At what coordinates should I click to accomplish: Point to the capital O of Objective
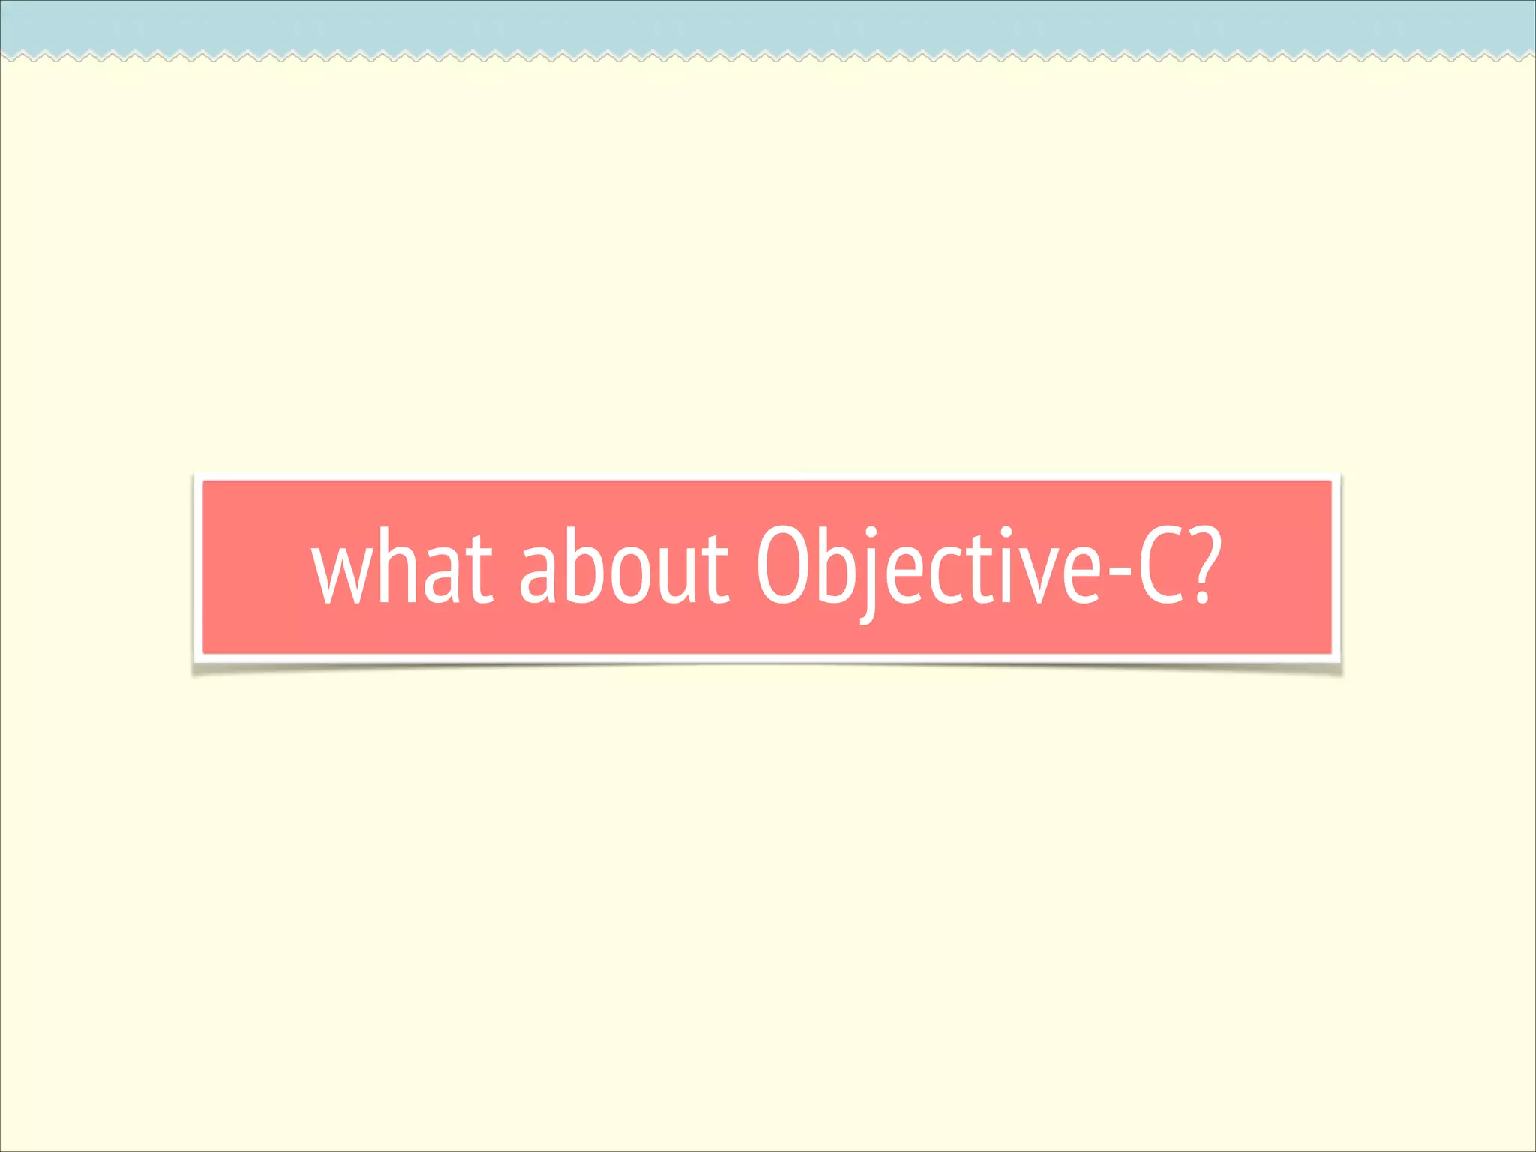point(781,566)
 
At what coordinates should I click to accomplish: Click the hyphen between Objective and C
point(1118,576)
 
